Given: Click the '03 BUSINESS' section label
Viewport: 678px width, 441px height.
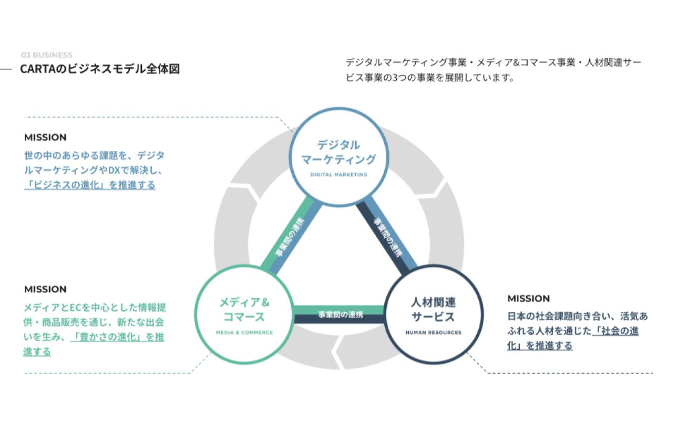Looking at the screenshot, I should coord(47,55).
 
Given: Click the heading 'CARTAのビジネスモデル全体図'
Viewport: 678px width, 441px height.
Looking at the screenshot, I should coord(99,69).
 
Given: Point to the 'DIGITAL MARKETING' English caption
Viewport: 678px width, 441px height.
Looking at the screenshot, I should coord(339,175).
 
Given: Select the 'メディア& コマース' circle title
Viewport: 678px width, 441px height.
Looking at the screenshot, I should coord(244,310).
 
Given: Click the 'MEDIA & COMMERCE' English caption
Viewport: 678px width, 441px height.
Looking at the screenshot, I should coord(244,332).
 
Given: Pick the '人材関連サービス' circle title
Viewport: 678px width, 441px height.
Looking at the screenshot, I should coord(433,310).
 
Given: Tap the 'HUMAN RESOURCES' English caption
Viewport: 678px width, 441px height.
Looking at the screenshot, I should coord(434,332).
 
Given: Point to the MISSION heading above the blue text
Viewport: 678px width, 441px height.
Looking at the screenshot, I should coord(45,138).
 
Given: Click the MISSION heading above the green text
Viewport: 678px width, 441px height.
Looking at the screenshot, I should coord(45,289).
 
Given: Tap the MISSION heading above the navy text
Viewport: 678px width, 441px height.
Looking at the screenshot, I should coord(528,299).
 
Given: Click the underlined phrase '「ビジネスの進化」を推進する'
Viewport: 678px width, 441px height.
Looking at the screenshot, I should coord(90,185).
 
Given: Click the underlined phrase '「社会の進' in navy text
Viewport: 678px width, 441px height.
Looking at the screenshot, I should coord(616,331).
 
